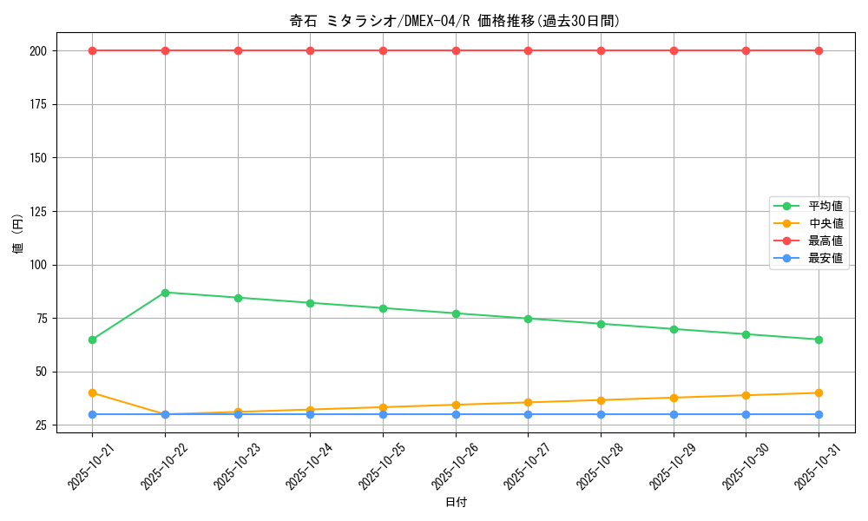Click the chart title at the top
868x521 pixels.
tap(455, 21)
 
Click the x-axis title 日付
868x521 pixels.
tap(456, 502)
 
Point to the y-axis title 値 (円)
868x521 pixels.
tap(18, 234)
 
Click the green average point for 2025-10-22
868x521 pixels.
tap(165, 293)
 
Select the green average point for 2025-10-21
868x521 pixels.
tap(92, 340)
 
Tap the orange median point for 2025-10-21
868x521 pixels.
tap(92, 393)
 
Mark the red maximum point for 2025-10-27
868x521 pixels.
tap(528, 50)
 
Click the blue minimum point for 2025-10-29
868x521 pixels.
tap(674, 414)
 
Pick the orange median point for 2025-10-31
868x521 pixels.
tap(819, 393)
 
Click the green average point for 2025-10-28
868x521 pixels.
tap(601, 324)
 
